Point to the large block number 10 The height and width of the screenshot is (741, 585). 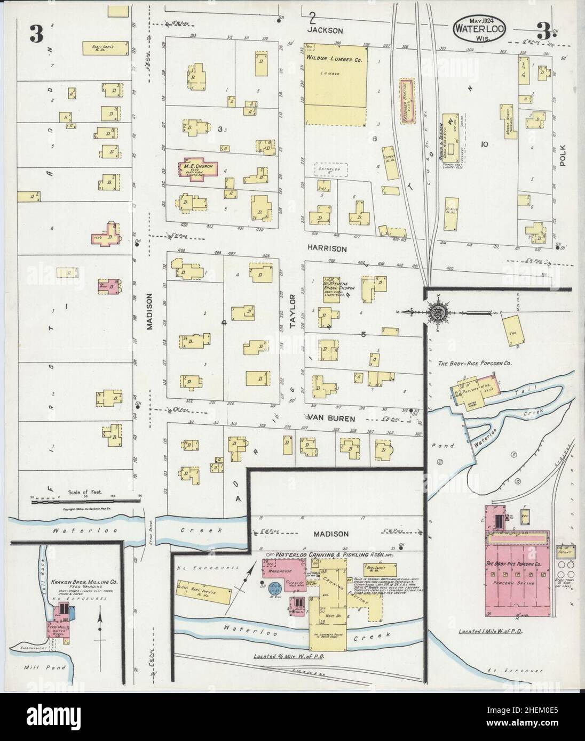tap(484, 144)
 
